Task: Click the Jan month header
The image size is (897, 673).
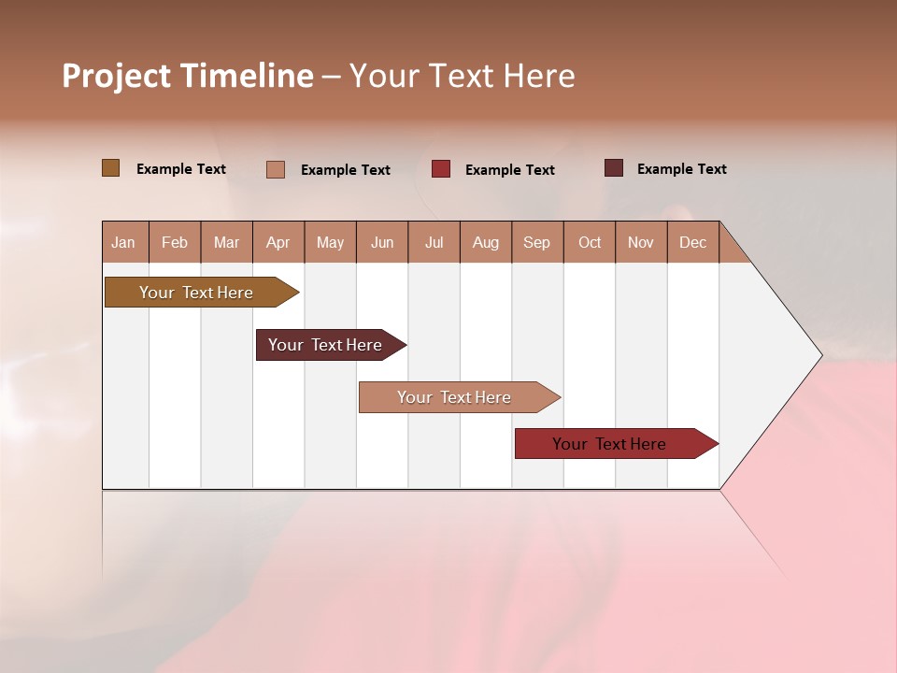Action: [124, 242]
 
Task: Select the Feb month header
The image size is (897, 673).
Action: [175, 242]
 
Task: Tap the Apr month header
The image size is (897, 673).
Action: [278, 242]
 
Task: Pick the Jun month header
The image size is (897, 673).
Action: [382, 242]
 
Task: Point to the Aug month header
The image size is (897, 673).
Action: [485, 242]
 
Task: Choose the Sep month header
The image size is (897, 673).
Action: [536, 242]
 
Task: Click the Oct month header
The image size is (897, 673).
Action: [590, 242]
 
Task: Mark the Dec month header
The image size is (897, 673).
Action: [692, 242]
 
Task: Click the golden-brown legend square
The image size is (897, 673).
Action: [111, 168]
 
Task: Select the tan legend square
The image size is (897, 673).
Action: [276, 169]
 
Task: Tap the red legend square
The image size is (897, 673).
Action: [441, 169]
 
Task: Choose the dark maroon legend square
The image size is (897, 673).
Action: [614, 168]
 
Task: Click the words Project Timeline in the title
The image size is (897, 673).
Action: [188, 76]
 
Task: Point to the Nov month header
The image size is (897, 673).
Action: [640, 242]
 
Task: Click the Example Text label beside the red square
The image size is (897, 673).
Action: [509, 170]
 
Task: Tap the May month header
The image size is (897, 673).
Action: [330, 242]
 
